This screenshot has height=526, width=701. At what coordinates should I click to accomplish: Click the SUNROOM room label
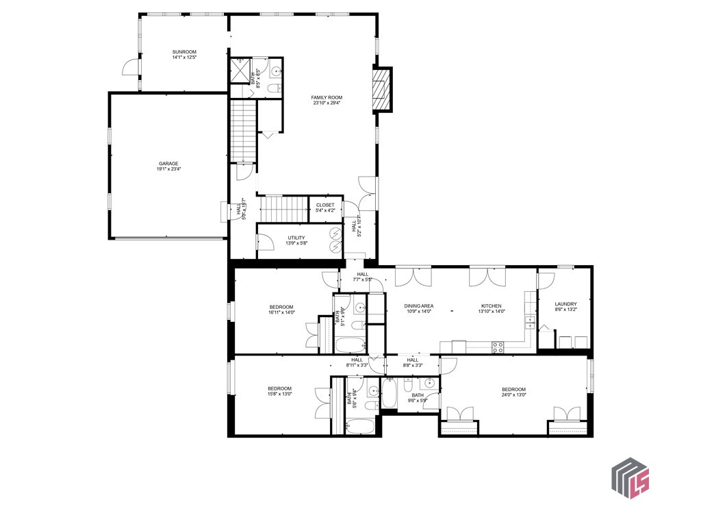[184, 52]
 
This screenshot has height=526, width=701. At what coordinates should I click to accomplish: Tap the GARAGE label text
[168, 164]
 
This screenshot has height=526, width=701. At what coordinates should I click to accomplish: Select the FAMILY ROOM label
[327, 98]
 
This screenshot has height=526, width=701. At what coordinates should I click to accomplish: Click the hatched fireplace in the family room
[381, 89]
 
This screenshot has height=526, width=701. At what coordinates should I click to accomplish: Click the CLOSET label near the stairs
[325, 205]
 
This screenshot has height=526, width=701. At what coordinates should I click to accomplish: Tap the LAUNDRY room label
[565, 304]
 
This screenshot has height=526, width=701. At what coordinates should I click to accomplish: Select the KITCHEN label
[491, 306]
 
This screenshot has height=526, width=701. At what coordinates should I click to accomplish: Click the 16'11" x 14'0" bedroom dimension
[281, 312]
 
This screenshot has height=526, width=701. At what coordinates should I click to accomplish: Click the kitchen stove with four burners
[498, 347]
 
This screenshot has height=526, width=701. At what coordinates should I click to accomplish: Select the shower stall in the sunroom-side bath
[240, 70]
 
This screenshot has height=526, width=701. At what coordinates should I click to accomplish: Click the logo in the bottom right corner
[630, 477]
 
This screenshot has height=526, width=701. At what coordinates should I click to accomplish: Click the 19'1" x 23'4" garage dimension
[168, 169]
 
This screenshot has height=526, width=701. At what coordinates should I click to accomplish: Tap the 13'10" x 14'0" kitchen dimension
[491, 312]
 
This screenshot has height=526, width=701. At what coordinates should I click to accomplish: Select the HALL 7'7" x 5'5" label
[362, 277]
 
